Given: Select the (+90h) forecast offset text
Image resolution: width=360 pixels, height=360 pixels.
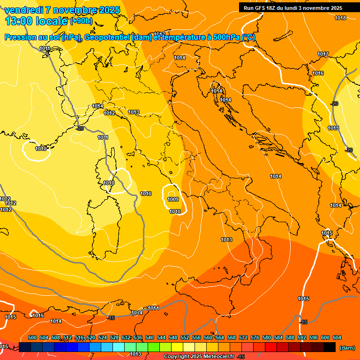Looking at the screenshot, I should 81,21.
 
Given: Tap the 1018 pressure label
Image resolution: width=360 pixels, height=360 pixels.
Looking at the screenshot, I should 340,18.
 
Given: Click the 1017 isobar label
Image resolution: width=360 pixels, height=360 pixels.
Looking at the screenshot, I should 323,54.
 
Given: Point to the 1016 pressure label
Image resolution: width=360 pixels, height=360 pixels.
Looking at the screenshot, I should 318,74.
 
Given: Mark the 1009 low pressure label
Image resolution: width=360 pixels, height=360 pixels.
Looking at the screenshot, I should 173,199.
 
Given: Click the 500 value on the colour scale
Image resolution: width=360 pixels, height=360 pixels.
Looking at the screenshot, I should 32,337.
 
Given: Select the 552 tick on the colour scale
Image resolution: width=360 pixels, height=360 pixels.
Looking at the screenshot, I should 185,337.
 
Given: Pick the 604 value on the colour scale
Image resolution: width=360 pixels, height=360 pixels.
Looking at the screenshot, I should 337,337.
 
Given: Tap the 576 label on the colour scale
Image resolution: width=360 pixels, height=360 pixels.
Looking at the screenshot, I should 255,337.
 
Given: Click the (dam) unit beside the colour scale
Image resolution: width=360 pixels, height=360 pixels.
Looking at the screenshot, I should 347,348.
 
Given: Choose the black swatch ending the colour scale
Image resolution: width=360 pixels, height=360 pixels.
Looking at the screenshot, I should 330,347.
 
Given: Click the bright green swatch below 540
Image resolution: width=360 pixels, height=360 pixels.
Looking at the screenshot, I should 154,347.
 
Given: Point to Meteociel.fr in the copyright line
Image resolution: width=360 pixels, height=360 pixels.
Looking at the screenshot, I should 216,357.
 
